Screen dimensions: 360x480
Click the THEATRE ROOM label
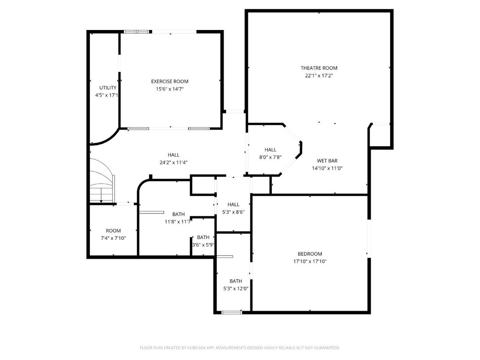[x=319, y=68]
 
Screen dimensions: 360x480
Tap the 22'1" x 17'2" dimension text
[x=319, y=76]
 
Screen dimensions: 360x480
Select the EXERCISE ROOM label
[x=170, y=81]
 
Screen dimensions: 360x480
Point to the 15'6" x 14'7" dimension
[x=170, y=89]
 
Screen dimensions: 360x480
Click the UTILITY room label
[x=107, y=88]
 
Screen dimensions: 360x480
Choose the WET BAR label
[x=327, y=161]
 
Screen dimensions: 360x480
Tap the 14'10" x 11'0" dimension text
[x=327, y=168]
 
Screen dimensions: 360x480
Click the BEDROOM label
[x=310, y=254]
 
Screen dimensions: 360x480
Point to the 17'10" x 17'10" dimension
[x=310, y=261]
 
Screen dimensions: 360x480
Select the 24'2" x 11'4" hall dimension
[x=173, y=163]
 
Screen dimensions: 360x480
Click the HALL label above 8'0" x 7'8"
[x=270, y=150]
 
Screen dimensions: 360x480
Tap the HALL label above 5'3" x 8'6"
[x=233, y=205]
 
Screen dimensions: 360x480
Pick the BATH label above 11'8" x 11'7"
[x=178, y=214]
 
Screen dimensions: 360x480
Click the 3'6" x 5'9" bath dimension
[x=203, y=245]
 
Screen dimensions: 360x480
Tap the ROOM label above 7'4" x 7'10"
[x=113, y=231]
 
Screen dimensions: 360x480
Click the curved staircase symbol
[x=102, y=181]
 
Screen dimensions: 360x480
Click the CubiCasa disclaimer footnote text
[x=240, y=347]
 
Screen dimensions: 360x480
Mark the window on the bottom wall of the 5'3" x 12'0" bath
[x=231, y=312]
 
